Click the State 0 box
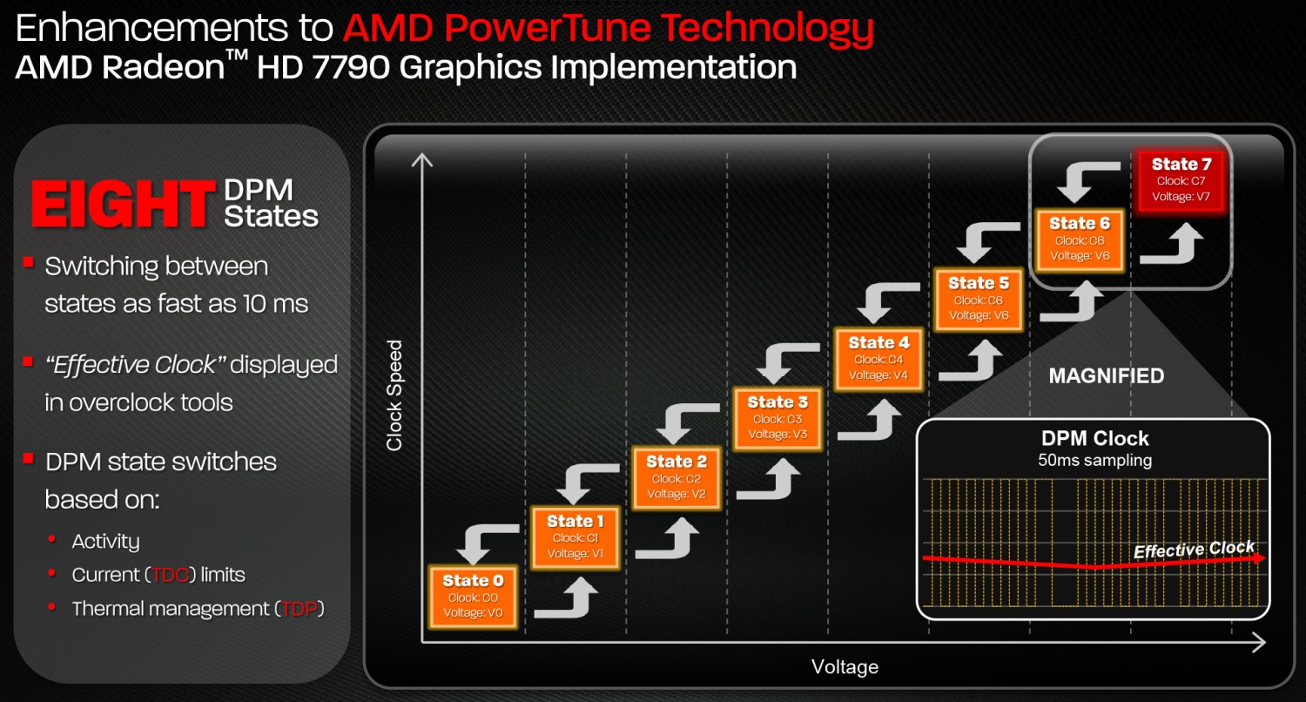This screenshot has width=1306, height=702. [x=473, y=597]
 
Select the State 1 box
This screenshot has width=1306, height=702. [x=576, y=537]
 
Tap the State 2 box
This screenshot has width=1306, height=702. [x=677, y=478]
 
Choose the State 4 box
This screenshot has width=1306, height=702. [x=879, y=359]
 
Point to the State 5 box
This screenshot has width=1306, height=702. [x=979, y=300]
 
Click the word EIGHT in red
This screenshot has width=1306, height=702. [x=123, y=204]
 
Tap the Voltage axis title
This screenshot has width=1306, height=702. [x=845, y=666]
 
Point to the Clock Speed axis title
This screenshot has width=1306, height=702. [x=394, y=395]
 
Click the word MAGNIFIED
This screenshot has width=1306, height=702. [x=1107, y=376]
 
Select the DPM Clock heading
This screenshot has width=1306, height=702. [x=1095, y=438]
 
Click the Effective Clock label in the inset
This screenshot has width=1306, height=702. [x=1194, y=549]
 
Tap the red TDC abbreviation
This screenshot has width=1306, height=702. [x=170, y=576]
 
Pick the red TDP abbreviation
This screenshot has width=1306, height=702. [x=300, y=610]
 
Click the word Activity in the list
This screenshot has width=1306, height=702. [x=105, y=542]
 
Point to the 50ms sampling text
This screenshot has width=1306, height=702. [x=1095, y=461]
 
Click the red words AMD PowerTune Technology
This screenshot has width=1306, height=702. [x=608, y=28]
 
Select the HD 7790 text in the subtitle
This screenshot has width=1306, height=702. [x=323, y=67]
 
